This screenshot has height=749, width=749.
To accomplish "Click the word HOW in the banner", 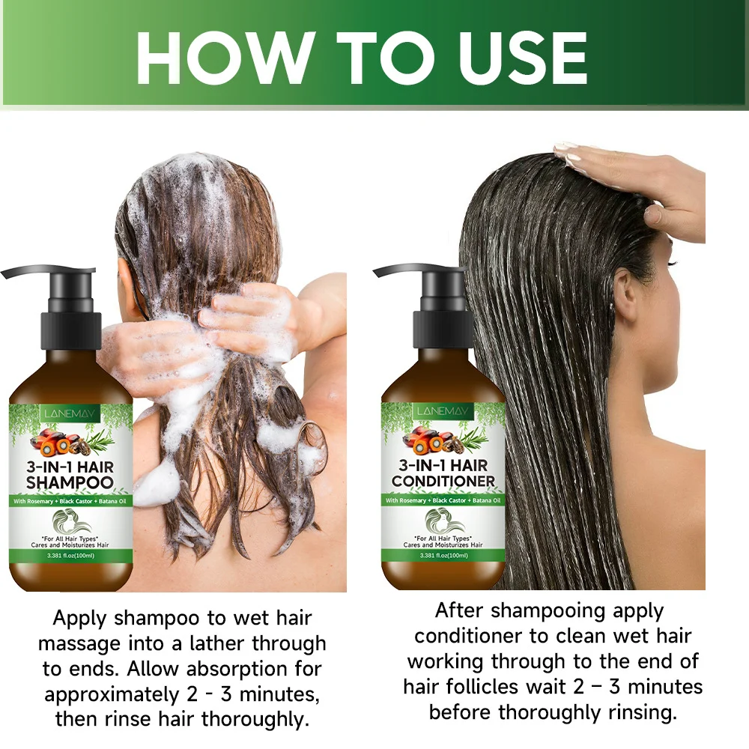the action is (223, 58).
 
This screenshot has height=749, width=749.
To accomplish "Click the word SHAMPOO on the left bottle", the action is (70, 482).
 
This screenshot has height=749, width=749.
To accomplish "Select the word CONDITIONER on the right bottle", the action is (443, 481).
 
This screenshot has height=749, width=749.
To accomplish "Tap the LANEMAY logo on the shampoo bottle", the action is (70, 413).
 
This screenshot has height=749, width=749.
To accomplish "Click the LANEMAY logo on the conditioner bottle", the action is (443, 411).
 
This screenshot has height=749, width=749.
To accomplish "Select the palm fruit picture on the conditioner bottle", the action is (428, 440).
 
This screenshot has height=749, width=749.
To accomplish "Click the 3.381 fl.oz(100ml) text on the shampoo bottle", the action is (70, 556).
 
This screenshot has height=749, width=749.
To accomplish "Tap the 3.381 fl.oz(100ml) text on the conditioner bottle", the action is (443, 555).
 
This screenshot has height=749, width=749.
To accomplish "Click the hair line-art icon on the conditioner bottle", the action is (443, 521).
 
